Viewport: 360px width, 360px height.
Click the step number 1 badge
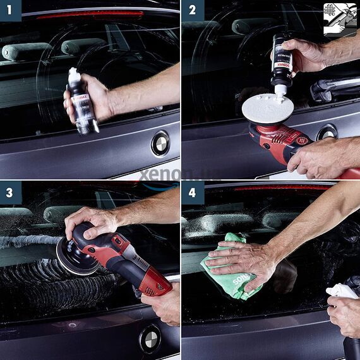tap(10, 10)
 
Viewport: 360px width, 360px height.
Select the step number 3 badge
tap(10, 192)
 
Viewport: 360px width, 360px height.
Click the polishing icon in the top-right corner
tap(340, 18)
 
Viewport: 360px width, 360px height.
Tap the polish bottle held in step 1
tap(81, 101)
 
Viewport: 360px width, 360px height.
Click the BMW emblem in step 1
tap(160, 143)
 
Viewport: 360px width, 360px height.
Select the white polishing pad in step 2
tap(268, 109)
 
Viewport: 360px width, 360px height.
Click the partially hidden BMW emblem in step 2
tap(327, 132)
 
